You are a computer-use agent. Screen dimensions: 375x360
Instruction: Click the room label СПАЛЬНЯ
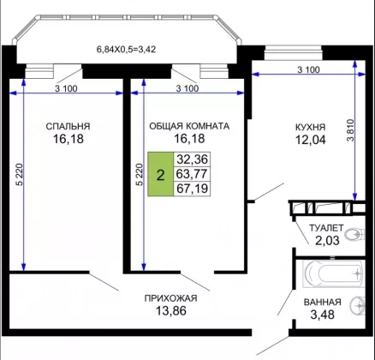coord(68,126)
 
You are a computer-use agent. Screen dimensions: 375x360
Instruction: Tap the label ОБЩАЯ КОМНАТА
coord(189,126)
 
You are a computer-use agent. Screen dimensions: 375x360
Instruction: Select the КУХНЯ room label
coord(310,127)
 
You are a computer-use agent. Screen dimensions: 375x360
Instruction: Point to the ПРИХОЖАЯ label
coord(170,298)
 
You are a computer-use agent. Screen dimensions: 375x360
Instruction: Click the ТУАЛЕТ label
coord(326,228)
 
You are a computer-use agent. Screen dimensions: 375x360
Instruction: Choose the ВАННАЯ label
coord(323,302)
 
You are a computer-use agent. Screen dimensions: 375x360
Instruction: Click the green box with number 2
coord(160,174)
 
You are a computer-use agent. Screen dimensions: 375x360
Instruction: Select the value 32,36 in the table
coord(192,159)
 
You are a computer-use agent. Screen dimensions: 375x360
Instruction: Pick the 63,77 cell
coord(192,174)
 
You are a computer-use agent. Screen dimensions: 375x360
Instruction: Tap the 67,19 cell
coord(192,189)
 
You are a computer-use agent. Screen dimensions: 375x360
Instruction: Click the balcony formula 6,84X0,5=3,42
coord(126,50)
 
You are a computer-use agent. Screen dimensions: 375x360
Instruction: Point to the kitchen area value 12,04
coord(310,140)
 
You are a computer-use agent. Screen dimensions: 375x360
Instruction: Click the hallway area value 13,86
coord(171,310)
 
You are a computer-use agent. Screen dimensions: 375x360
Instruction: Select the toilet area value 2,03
coord(327,240)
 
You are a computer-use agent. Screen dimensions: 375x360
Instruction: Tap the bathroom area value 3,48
coord(323,315)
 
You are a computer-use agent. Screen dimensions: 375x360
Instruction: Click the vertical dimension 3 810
coord(350,130)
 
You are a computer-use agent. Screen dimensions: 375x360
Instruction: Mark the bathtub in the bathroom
coord(333,273)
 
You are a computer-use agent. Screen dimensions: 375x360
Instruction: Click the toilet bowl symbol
coord(354,235)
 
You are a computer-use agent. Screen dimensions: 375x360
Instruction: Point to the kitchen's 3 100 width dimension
coord(308,69)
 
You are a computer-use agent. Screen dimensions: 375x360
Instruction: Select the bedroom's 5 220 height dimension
coord(19,175)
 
